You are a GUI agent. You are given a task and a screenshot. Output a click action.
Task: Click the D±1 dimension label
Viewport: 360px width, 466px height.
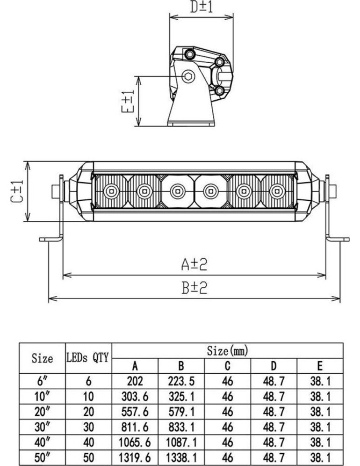pyautogui.click(x=201, y=7)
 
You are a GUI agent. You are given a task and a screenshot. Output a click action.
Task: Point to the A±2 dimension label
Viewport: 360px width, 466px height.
pyautogui.click(x=194, y=265)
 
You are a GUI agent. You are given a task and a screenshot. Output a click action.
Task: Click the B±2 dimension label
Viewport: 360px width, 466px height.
pyautogui.click(x=194, y=288)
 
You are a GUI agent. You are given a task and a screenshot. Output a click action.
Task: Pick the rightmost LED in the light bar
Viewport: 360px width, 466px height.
pyautogui.click(x=278, y=191)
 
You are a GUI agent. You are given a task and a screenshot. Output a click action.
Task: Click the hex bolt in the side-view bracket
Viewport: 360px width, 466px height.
pyautogui.click(x=188, y=77)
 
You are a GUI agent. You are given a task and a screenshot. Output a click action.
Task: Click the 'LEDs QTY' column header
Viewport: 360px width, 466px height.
pyautogui.click(x=88, y=358)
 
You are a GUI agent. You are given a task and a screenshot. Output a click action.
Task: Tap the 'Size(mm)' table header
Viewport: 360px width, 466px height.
pyautogui.click(x=228, y=351)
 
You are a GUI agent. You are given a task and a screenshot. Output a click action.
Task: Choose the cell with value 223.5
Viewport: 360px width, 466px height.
pyautogui.click(x=181, y=382)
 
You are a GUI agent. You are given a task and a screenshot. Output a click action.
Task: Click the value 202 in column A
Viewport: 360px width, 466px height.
pyautogui.click(x=135, y=382)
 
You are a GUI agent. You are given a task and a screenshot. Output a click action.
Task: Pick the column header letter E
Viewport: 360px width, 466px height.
pyautogui.click(x=319, y=366)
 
